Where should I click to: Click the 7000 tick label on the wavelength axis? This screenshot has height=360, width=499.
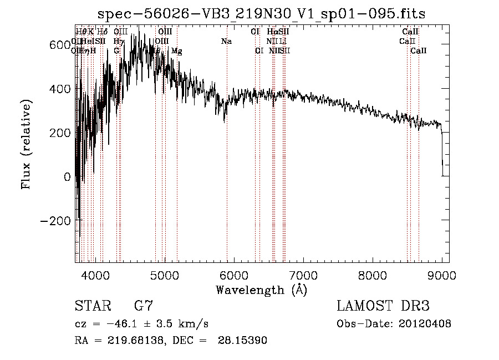[303, 275]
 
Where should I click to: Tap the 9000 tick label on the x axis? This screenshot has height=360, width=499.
[441, 275]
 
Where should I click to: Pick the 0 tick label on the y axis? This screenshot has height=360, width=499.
[68, 177]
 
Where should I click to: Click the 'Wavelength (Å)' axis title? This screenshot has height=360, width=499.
[261, 290]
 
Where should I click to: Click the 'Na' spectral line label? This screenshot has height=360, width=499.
[226, 42]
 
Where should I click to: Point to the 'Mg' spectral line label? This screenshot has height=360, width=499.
[177, 51]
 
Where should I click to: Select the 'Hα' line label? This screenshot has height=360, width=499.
[272, 32]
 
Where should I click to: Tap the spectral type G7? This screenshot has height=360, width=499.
[144, 306]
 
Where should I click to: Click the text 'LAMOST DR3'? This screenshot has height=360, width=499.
[383, 306]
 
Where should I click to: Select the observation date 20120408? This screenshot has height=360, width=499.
[426, 324]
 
